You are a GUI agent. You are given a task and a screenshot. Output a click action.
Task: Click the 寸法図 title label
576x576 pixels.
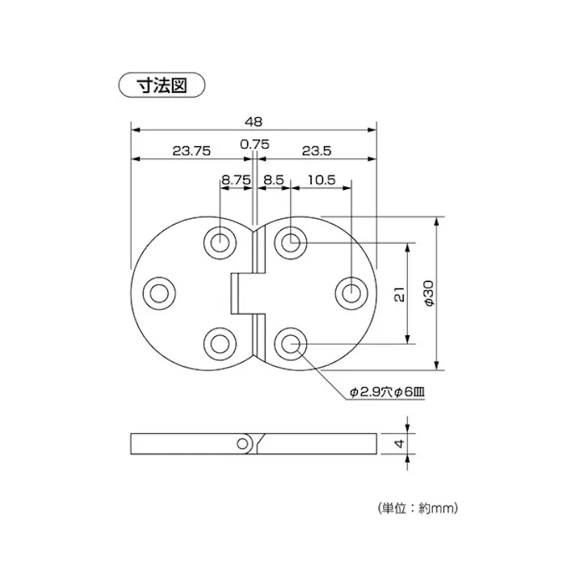(162, 85)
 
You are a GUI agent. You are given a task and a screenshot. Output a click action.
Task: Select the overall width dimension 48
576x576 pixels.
(254, 121)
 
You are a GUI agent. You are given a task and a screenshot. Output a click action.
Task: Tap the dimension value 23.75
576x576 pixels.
(191, 150)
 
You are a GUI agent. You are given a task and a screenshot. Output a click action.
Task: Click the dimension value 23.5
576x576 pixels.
(317, 150)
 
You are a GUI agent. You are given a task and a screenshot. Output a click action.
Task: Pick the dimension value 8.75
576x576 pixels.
(236, 181)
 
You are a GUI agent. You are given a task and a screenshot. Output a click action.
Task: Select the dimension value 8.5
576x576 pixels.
(273, 181)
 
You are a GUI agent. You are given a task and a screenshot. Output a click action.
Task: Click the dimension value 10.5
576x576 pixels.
(321, 181)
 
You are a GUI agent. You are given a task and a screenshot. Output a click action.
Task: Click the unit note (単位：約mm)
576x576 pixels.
(418, 508)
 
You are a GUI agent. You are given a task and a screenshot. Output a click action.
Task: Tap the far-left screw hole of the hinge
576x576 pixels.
(158, 292)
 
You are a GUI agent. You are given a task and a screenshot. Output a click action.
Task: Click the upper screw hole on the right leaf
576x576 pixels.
(290, 242)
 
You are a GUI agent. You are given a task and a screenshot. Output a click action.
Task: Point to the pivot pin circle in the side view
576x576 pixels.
(242, 444)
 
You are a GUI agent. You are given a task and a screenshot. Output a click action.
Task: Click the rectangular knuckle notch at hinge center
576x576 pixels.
(241, 292)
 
